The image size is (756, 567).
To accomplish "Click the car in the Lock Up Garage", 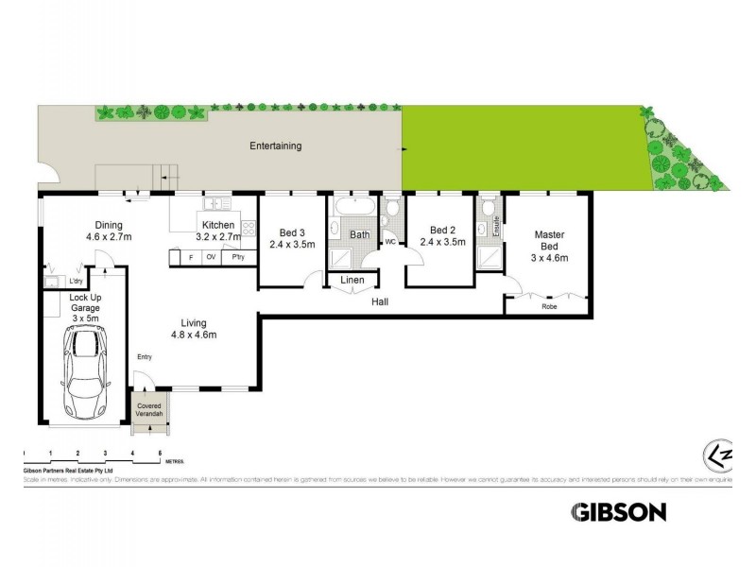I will pos(85,372).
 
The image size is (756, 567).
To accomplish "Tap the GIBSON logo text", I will pos(619,512).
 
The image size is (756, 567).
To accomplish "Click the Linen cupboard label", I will pos(352,281).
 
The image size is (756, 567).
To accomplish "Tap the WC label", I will pos(388,242).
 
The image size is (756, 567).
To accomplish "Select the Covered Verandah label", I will pos(146,411).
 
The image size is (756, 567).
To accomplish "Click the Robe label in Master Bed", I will pos(548,307).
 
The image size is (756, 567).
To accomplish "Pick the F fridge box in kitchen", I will pos(191,256).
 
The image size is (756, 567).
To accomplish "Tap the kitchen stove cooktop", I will pos(249,228).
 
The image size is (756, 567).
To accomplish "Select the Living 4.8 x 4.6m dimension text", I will pos(194,335).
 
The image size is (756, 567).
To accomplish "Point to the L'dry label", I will pos(75,281).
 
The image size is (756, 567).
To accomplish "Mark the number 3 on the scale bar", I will pos(105,455).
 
